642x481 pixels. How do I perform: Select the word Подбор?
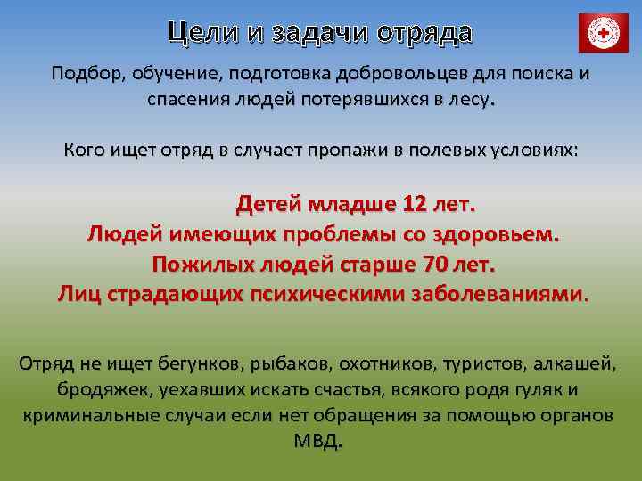coord(86,73)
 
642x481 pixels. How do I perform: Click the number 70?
coord(435,264)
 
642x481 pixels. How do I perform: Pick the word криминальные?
coord(90,416)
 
